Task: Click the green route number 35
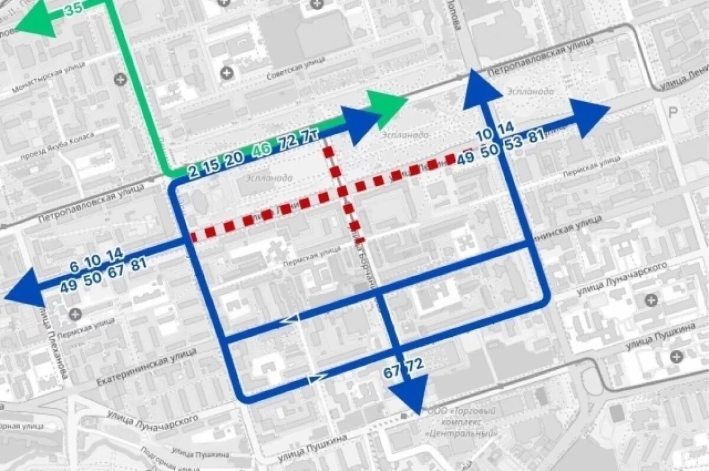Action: (x=73, y=9)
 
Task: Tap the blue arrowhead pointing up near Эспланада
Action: (x=482, y=89)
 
